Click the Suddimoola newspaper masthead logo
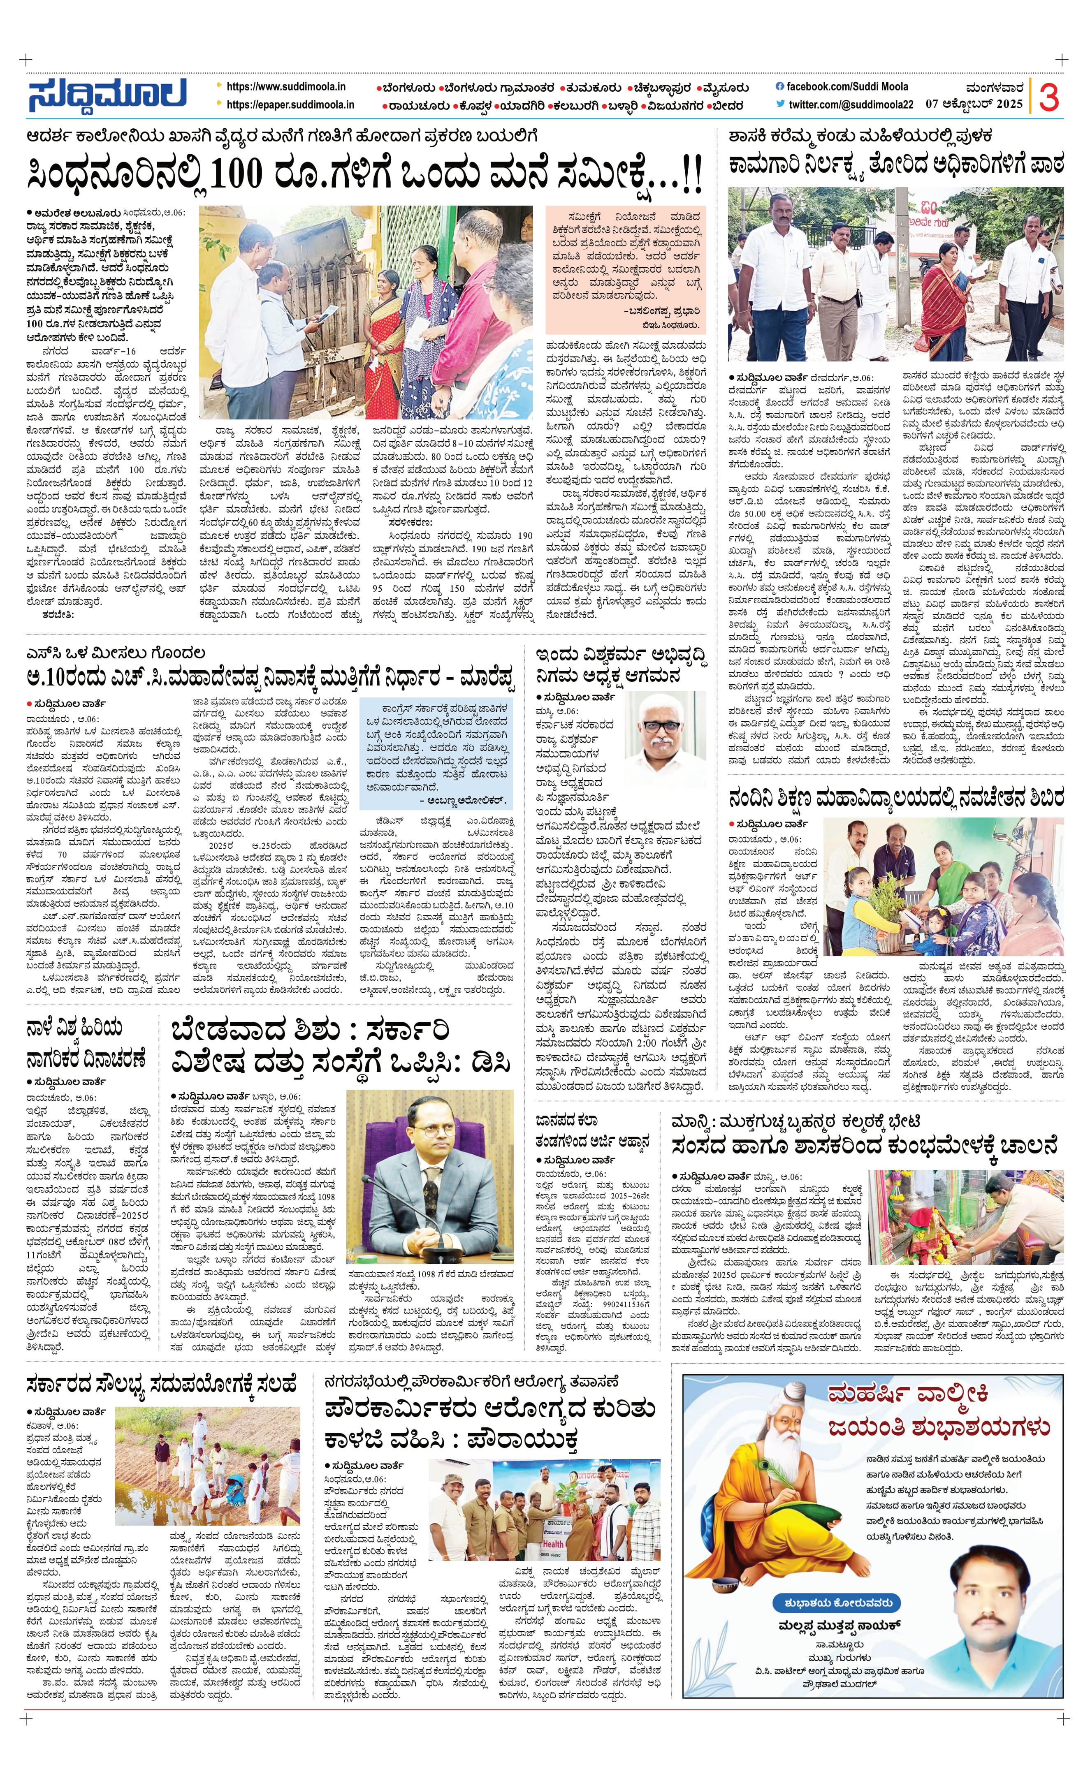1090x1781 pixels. click(107, 95)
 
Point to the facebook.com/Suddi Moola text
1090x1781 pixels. click(847, 87)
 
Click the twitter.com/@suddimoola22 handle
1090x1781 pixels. click(851, 105)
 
